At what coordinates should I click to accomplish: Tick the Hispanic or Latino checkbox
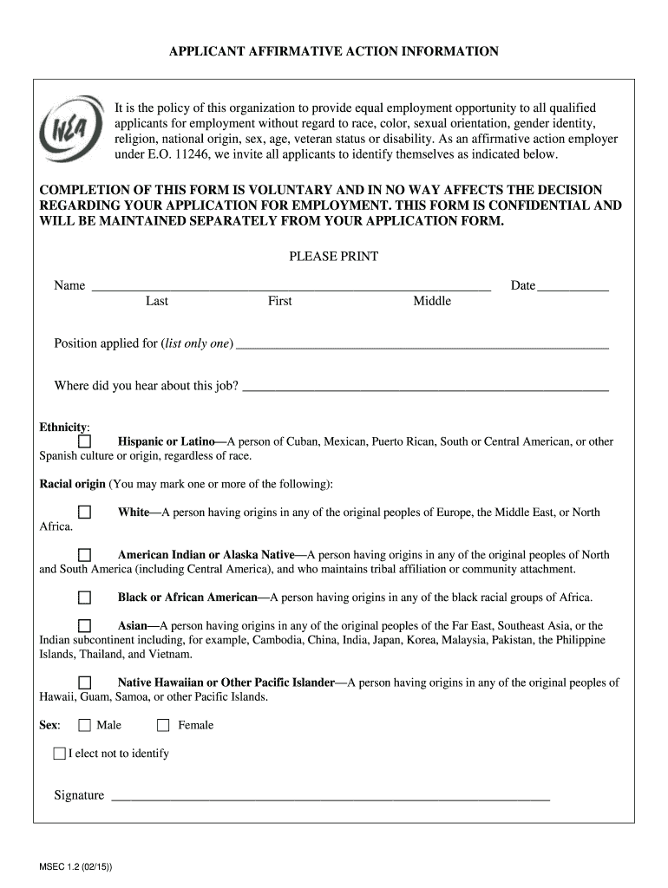84,442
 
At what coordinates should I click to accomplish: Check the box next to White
84,513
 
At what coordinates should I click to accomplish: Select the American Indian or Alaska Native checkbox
84,555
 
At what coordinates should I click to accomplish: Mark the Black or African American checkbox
84,597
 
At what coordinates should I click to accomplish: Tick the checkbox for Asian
84,626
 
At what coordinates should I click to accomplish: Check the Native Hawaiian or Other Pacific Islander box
84,682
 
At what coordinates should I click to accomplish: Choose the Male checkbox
84,725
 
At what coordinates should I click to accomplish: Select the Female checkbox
163,725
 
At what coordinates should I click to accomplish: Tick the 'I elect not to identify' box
59,754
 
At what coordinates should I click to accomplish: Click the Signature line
330,795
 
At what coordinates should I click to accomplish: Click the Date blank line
573,286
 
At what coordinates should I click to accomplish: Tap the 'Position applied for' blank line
422,344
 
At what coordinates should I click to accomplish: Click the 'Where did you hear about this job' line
425,387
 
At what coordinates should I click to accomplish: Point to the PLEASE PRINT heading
333,257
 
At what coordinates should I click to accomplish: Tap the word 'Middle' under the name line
432,301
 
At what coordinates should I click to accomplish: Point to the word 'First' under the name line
279,301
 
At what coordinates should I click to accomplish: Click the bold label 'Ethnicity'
63,428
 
